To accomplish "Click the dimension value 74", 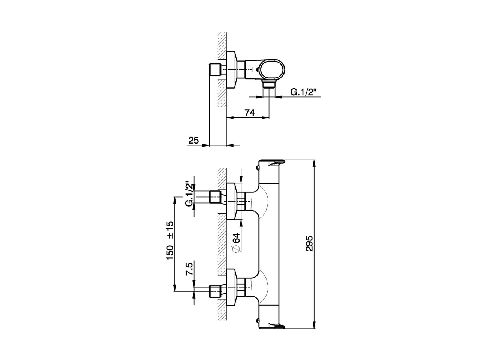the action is [x=249, y=113].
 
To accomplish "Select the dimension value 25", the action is [x=193, y=140].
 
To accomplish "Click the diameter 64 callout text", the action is [x=236, y=243].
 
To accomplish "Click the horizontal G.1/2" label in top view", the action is [x=303, y=92].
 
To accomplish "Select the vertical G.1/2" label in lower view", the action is [x=189, y=193].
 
